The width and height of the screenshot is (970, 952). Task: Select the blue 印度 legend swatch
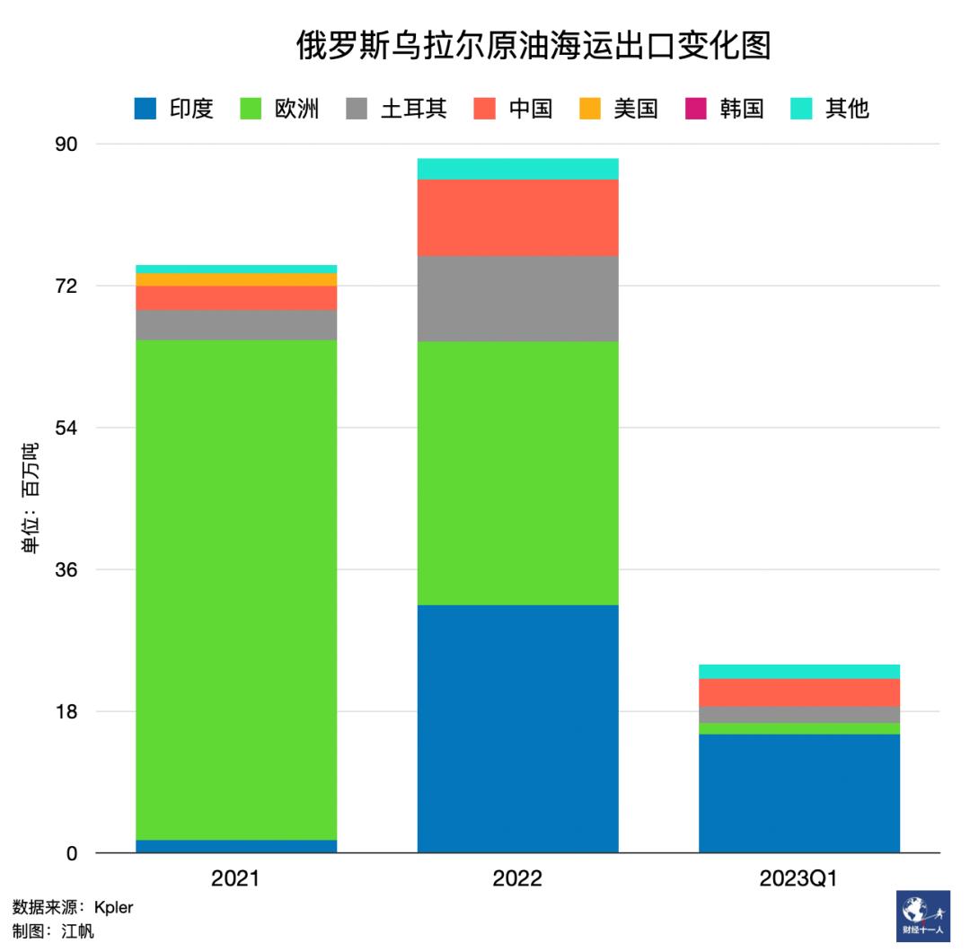145,109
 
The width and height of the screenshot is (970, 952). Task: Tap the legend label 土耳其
414,109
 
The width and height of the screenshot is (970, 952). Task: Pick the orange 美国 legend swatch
589,109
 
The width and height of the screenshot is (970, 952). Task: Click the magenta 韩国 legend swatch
695,109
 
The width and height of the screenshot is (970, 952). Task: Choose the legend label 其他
847,109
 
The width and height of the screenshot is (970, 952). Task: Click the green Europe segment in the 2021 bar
236,589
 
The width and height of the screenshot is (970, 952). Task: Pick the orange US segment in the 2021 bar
236,279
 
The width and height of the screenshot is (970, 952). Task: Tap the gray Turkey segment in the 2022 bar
517,298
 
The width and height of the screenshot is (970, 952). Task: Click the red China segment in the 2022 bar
517,217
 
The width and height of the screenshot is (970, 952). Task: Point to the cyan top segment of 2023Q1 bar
798,671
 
